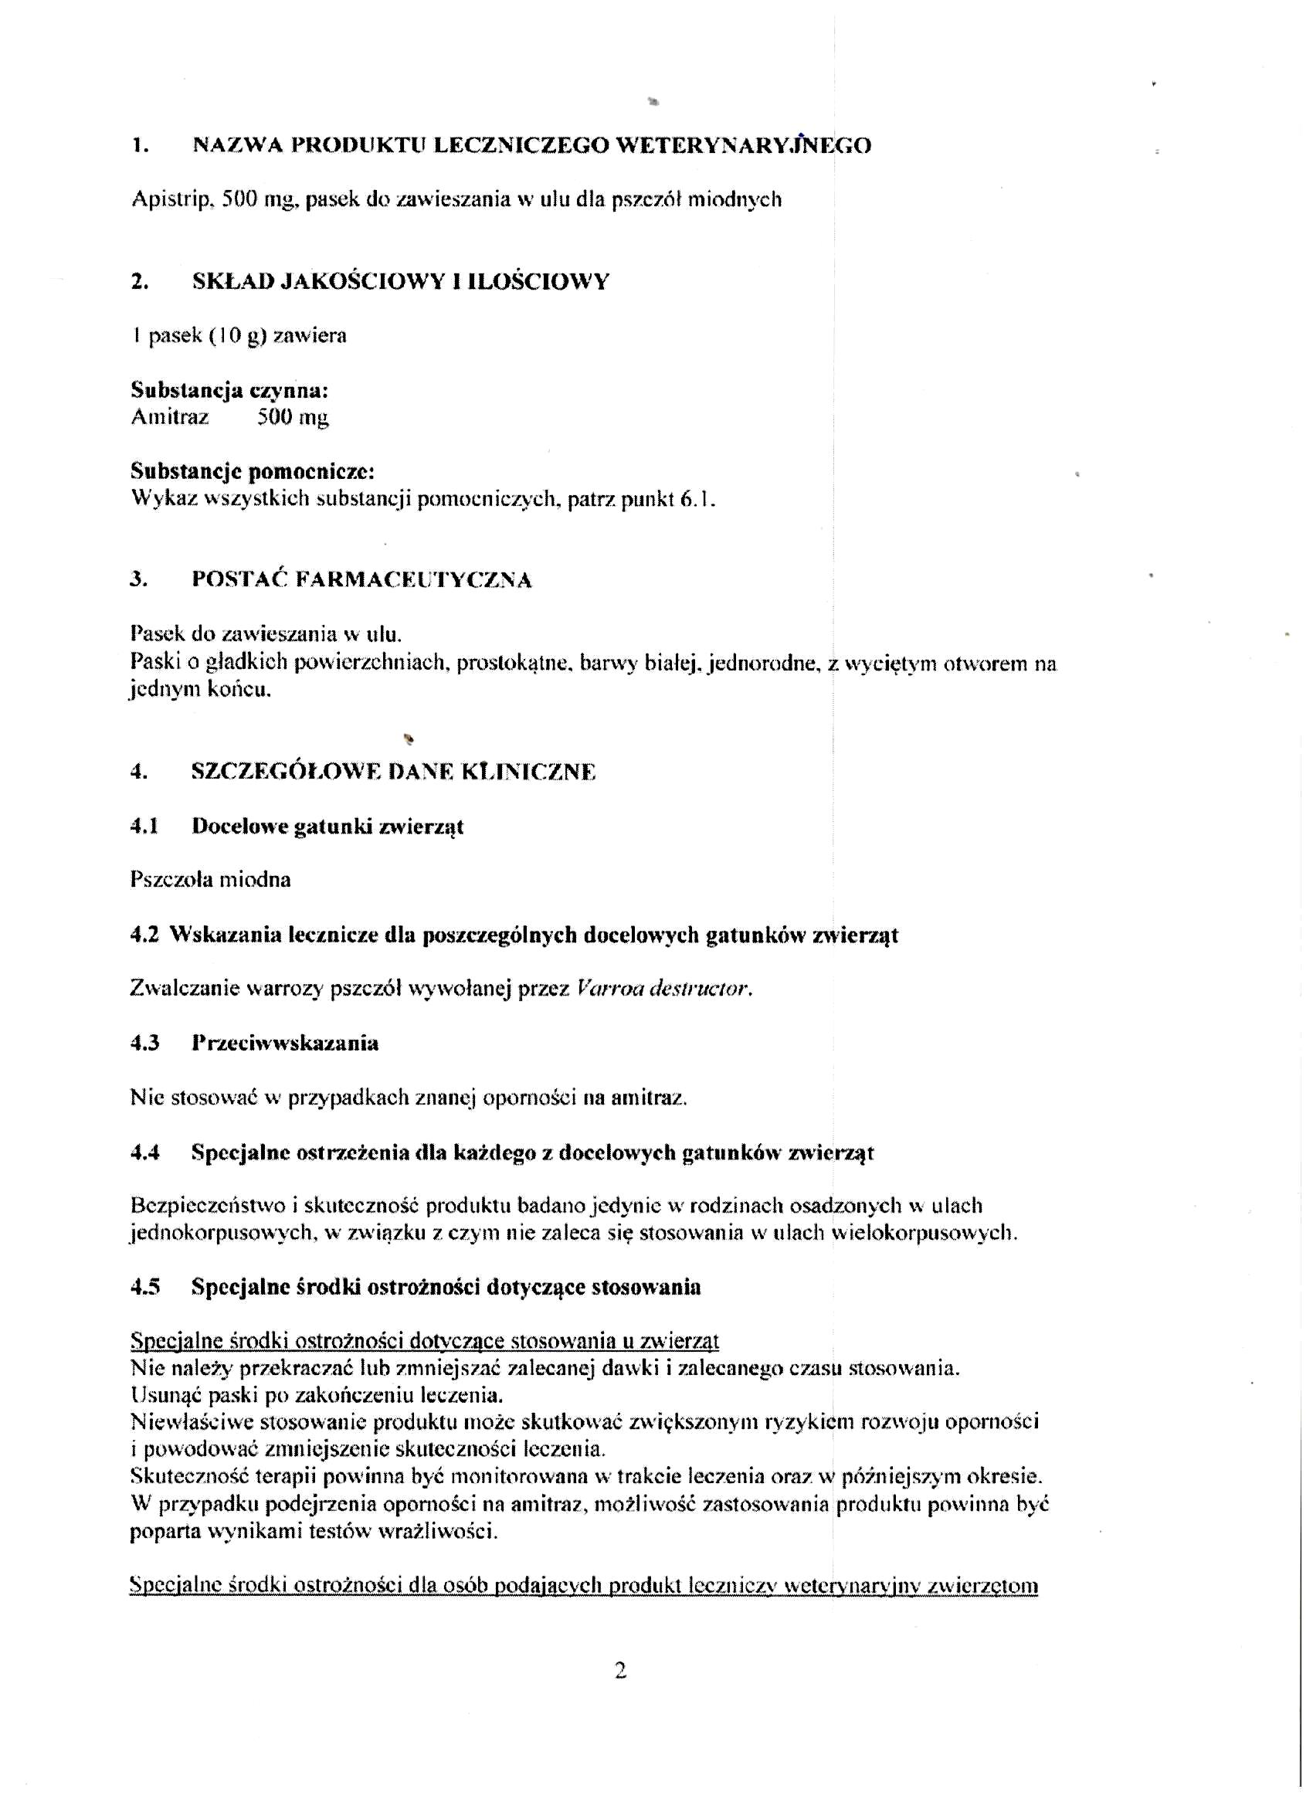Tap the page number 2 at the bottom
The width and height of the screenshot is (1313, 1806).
622,1670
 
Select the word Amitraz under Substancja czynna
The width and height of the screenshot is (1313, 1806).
170,417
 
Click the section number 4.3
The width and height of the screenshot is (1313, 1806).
145,1043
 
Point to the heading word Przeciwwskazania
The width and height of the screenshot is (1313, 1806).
285,1043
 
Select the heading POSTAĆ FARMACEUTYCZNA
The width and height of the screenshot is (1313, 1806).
361,579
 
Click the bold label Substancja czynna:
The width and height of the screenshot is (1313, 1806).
229,391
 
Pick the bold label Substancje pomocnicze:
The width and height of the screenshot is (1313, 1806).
253,472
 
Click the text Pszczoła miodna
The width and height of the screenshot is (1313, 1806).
210,880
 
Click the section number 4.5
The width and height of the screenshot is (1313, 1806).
145,1288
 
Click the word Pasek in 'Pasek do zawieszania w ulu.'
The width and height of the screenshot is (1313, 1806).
154,635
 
